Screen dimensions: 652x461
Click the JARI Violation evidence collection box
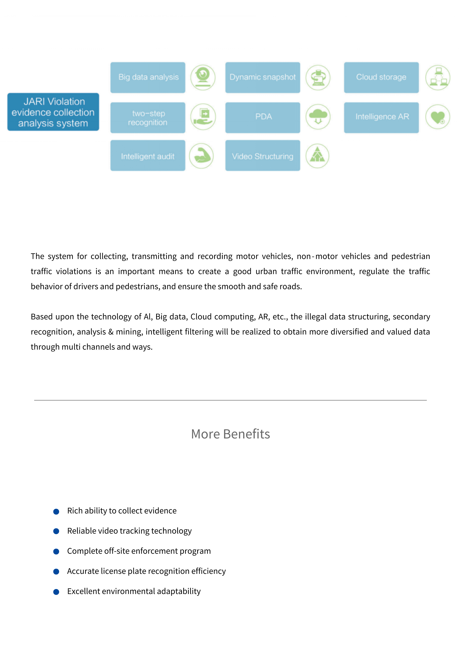click(53, 112)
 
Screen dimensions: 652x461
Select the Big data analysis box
click(148, 77)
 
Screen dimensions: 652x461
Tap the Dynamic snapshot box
click(262, 77)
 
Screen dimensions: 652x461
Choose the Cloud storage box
click(381, 77)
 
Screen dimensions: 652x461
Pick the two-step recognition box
click(148, 118)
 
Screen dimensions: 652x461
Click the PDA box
click(262, 118)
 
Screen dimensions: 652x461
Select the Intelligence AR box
click(381, 118)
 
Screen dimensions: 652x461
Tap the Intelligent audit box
click(148, 156)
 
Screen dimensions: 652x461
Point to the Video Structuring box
click(262, 156)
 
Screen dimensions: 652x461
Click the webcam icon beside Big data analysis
click(203, 77)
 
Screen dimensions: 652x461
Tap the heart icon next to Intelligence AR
click(437, 117)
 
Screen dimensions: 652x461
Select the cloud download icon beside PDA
click(318, 117)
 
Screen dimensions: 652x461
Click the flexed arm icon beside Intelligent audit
click(201, 156)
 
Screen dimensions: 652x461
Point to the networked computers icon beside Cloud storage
click(437, 77)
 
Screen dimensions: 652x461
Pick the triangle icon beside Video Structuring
click(317, 156)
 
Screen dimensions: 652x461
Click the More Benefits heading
click(230, 434)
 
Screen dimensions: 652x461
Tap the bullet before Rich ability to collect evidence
click(56, 511)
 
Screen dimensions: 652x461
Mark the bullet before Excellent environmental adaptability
click(56, 592)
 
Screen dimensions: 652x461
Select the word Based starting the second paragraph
click(42, 317)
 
